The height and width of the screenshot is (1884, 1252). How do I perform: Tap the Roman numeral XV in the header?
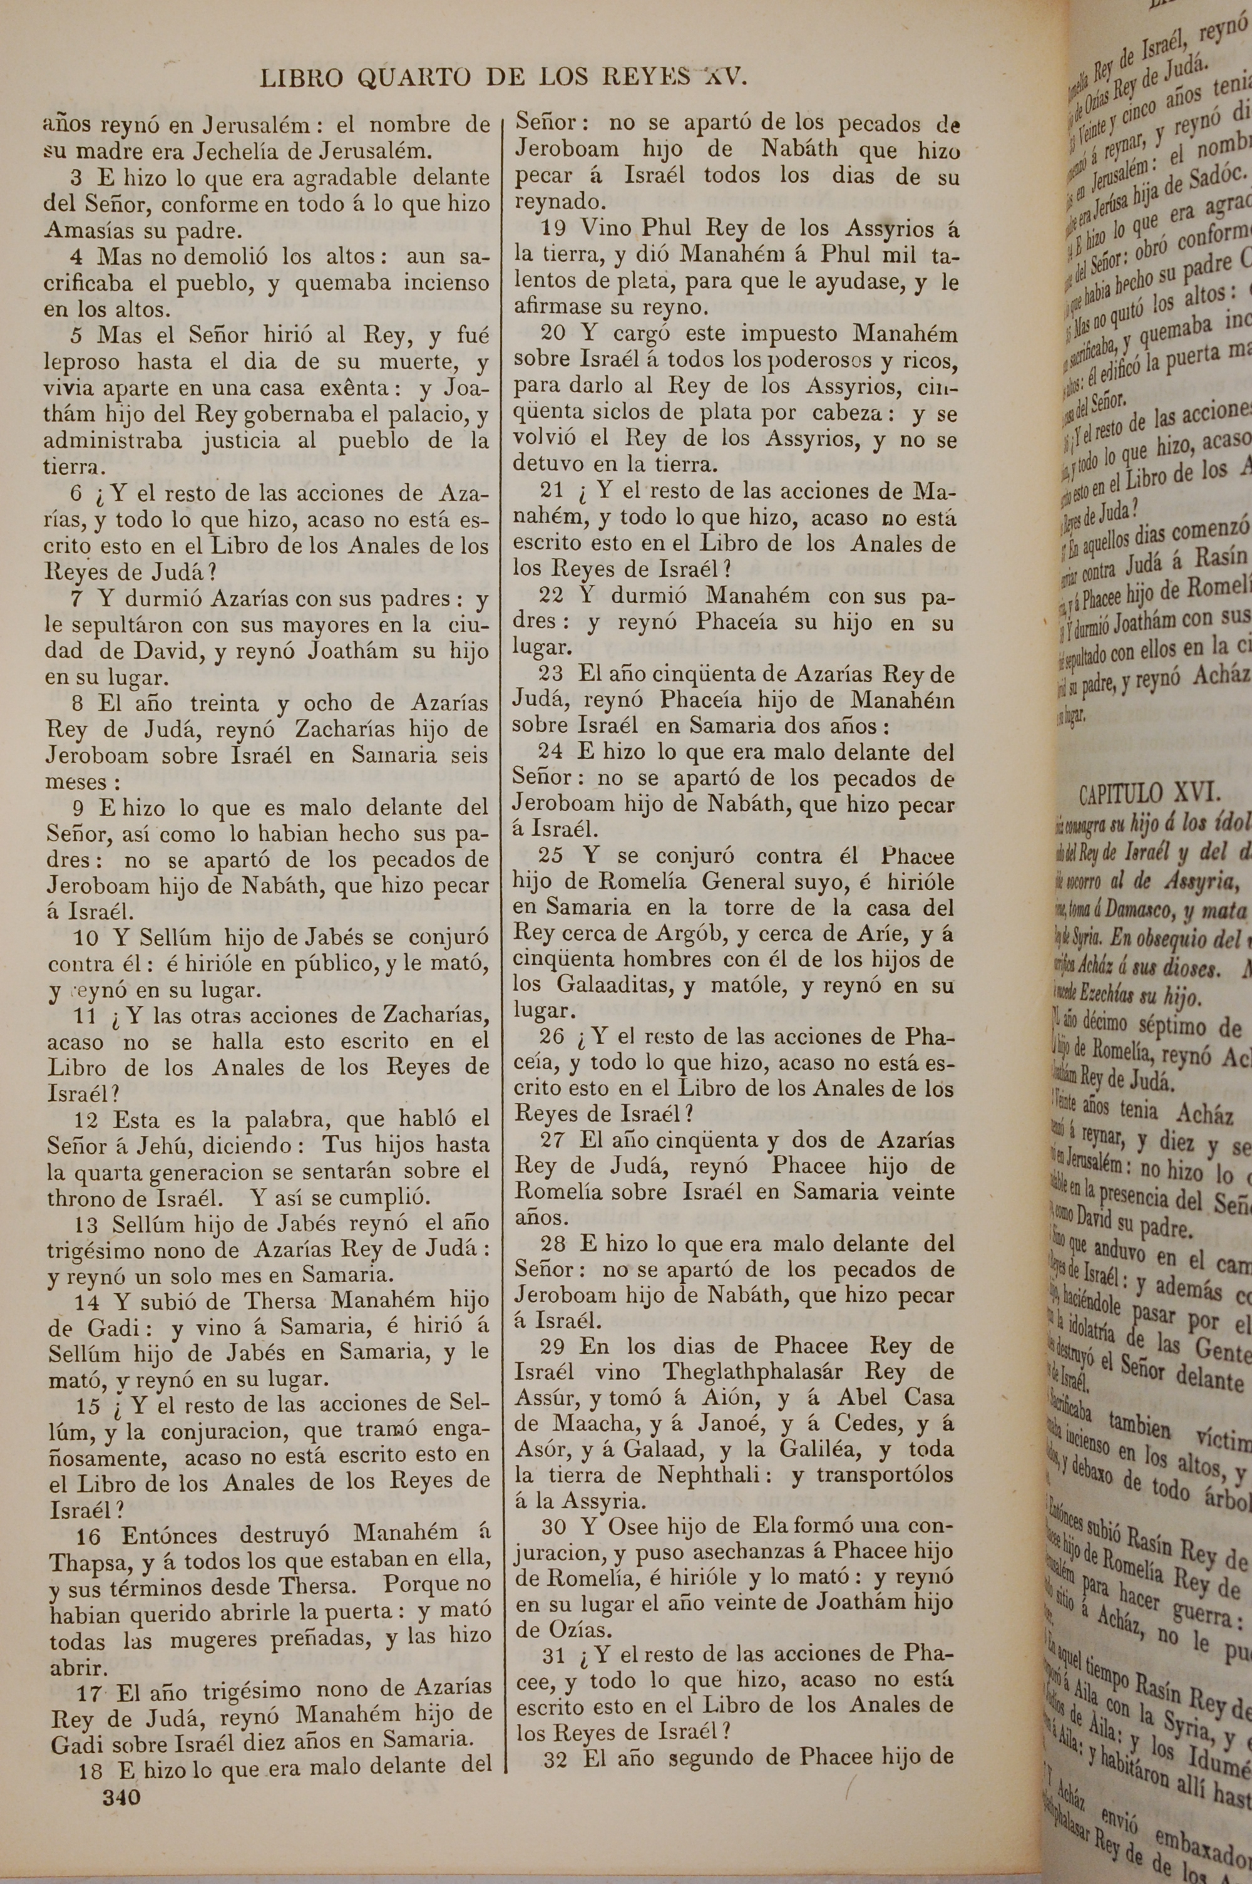pos(724,76)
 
